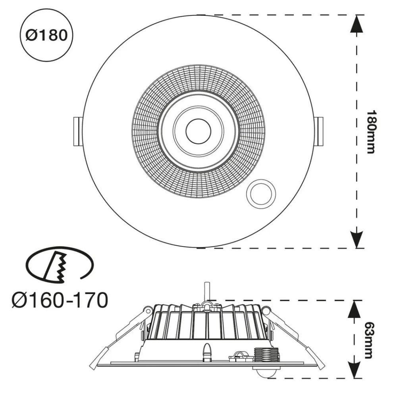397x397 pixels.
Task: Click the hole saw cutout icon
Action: tap(60, 265)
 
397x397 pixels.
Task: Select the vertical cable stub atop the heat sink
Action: tap(206, 292)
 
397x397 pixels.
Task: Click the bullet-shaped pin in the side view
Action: tap(207, 352)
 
